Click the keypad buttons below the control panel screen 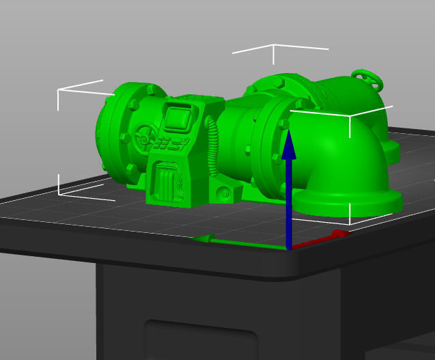point(169,143)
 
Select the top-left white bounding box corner point(59,89)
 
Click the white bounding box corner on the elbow point(350,117)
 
